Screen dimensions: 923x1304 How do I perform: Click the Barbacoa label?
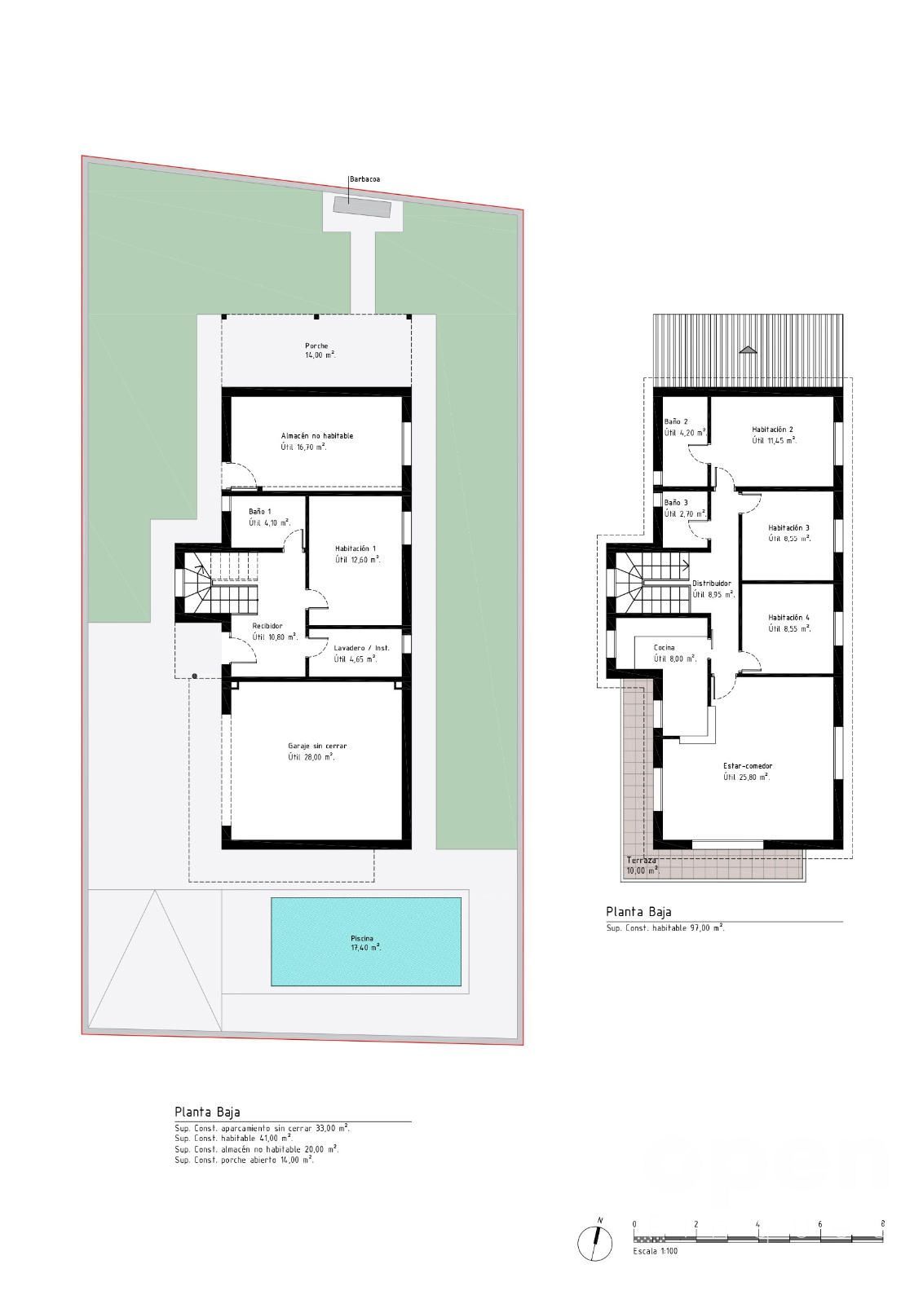click(x=364, y=179)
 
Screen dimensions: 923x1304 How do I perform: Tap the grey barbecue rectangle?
click(x=361, y=207)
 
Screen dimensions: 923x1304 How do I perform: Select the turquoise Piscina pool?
click(x=366, y=941)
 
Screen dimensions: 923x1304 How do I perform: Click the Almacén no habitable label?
click(x=317, y=435)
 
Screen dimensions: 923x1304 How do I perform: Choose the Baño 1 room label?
click(x=260, y=512)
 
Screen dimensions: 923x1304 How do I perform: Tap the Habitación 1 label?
click(x=356, y=548)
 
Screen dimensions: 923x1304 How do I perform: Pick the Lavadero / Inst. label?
click(x=362, y=648)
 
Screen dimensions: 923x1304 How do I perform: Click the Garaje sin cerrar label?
click(x=317, y=746)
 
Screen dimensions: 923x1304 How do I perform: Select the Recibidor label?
click(x=267, y=626)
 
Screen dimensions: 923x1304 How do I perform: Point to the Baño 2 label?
click(x=676, y=421)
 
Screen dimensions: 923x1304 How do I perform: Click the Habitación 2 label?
click(x=773, y=430)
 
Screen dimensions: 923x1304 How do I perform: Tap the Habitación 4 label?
click(x=788, y=617)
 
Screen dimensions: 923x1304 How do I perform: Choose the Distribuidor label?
click(x=712, y=584)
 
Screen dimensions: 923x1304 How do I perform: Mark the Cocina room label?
click(x=664, y=647)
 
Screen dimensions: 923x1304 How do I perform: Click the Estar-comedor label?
click(x=748, y=766)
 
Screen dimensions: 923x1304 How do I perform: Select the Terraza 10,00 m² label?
click(x=643, y=866)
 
